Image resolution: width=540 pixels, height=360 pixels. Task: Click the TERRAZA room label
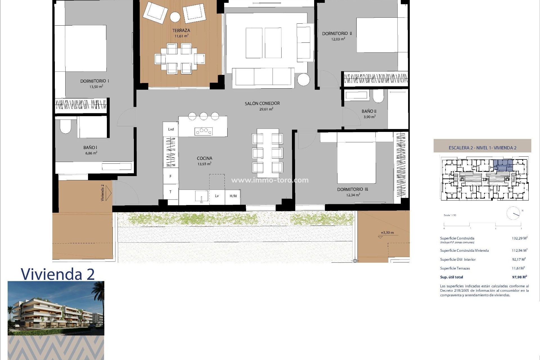(x=181, y=30)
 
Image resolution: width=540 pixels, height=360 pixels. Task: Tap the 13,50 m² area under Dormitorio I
(x=96, y=87)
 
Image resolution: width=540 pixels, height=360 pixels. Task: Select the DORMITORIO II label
(x=337, y=33)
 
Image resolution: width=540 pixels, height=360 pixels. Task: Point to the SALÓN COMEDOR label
(x=262, y=103)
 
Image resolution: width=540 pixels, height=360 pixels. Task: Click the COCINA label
(x=204, y=158)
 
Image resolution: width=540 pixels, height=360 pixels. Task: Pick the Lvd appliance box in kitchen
(x=171, y=129)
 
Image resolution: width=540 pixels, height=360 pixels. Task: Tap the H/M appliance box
(x=233, y=196)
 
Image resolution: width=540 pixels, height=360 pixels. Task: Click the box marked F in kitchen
(x=170, y=176)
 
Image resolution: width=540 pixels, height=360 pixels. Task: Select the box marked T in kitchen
(x=170, y=192)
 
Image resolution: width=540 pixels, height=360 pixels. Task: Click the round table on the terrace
(x=175, y=17)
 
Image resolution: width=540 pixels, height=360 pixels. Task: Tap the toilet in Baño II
(x=378, y=97)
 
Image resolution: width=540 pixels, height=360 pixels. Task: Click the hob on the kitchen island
(x=204, y=131)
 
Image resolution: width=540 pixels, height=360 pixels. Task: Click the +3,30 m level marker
(x=387, y=233)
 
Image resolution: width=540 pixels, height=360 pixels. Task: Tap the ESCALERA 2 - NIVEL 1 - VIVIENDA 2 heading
(x=482, y=148)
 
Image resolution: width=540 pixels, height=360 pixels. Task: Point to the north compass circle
(x=513, y=213)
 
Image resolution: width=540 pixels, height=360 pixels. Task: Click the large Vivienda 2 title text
(x=58, y=274)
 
